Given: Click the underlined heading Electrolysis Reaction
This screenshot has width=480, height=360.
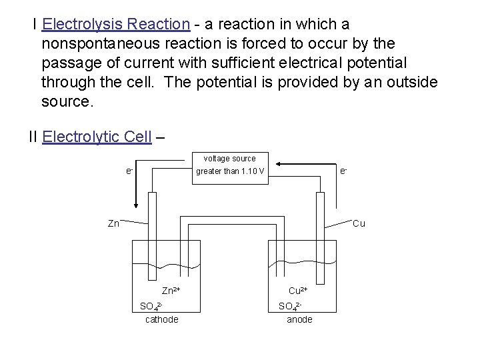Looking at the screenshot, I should click(x=116, y=25).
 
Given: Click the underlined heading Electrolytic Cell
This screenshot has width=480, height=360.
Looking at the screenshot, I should click(x=96, y=137).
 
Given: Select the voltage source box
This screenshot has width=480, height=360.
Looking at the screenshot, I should click(x=229, y=165).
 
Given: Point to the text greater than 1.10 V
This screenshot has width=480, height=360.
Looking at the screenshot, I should click(x=230, y=172).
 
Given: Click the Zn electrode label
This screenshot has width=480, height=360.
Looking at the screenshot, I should click(x=113, y=224).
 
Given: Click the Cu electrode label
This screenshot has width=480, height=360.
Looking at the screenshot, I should click(x=359, y=224).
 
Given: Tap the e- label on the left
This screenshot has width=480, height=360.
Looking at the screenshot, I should click(x=130, y=171).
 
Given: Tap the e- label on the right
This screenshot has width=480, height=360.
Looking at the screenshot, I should click(x=343, y=171).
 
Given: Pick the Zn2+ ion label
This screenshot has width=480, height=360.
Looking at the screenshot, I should click(x=171, y=291).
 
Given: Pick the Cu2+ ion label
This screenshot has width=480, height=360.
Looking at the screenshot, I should click(x=297, y=291).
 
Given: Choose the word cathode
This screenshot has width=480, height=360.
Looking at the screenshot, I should click(x=162, y=319).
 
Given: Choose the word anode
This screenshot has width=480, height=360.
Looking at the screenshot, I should click(x=299, y=319).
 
